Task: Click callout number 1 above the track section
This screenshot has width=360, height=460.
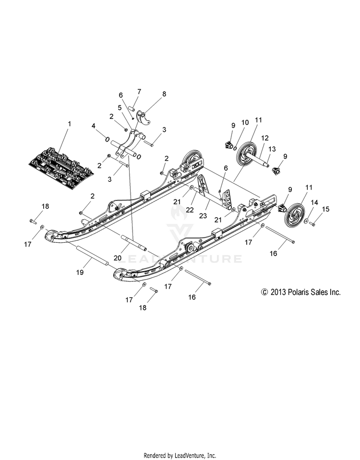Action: [69, 124]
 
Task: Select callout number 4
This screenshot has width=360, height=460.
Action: [94, 126]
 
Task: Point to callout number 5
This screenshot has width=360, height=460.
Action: [119, 107]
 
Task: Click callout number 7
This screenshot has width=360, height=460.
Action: [139, 91]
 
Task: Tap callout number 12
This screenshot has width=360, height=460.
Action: [264, 138]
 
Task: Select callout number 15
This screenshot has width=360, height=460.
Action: [325, 209]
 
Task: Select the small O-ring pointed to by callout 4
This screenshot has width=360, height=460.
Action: [107, 139]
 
